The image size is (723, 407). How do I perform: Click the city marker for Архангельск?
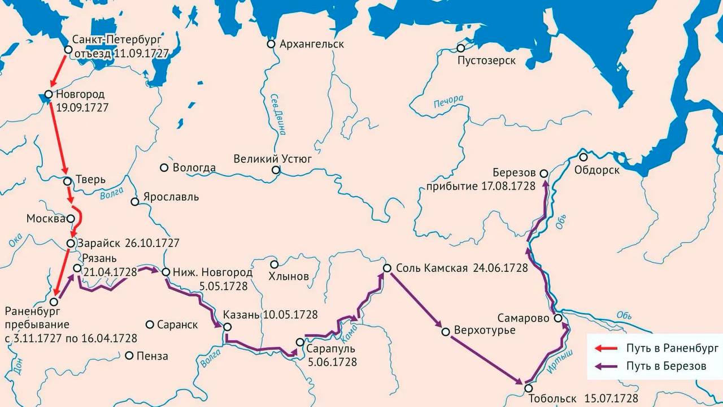click(x=271, y=44)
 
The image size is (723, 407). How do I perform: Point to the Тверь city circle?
click(x=67, y=181)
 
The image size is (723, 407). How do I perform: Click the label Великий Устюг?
click(x=273, y=159)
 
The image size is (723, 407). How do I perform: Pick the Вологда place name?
click(x=194, y=168)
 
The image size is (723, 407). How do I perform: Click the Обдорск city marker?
click(x=583, y=157)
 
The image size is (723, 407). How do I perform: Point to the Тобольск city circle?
click(x=528, y=388)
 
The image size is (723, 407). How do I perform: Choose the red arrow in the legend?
click(x=609, y=348)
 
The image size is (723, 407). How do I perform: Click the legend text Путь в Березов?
click(x=666, y=366)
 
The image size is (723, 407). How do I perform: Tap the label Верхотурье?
click(x=485, y=330)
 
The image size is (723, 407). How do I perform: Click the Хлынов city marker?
click(x=274, y=264)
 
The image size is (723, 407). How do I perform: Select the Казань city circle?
click(x=227, y=327)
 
